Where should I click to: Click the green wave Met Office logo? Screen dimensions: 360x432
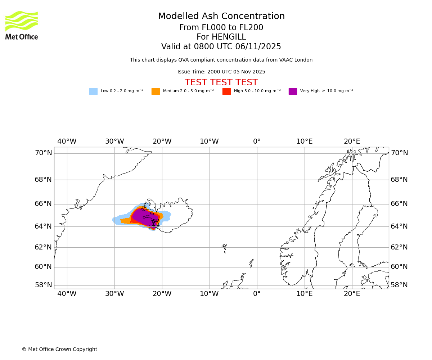[22, 21]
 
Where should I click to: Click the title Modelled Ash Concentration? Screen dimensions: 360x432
[221, 17]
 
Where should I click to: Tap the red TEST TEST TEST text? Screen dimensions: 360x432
[221, 82]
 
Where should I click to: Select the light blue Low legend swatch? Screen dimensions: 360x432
[93, 91]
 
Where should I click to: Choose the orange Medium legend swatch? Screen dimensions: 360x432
[156, 91]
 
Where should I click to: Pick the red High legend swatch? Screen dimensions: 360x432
[226, 91]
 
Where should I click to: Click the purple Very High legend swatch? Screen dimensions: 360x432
[293, 91]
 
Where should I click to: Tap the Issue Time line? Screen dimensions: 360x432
[221, 72]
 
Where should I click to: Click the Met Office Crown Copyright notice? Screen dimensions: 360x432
[59, 350]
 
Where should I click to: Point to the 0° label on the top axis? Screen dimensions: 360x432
[257, 141]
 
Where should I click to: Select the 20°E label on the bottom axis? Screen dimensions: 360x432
[352, 293]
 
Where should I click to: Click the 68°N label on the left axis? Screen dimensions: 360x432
[43, 180]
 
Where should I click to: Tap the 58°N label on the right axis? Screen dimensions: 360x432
[399, 285]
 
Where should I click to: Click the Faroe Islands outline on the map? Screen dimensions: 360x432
[224, 247]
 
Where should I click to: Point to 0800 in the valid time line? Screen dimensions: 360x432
[204, 47]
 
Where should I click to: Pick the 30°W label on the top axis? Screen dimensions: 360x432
[114, 141]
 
